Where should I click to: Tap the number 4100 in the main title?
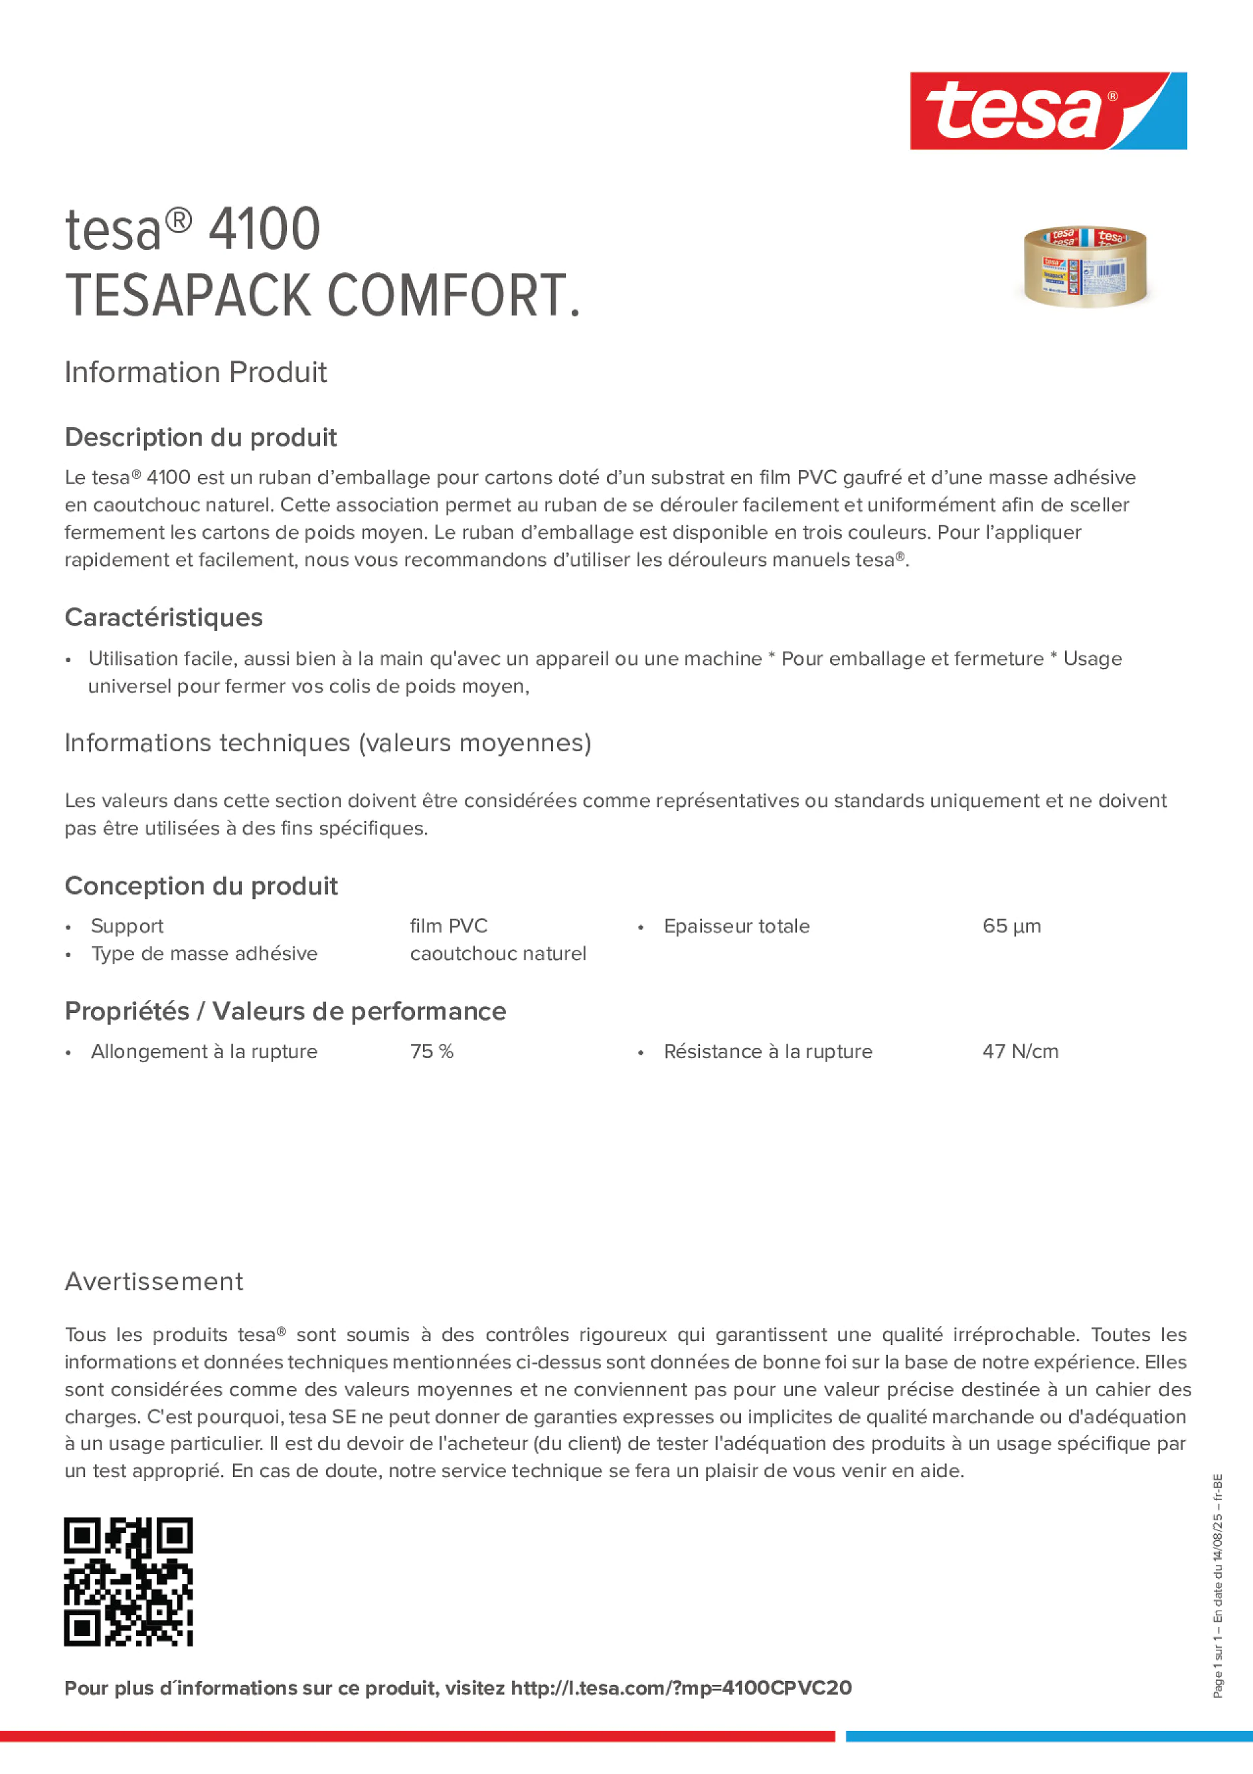tap(264, 230)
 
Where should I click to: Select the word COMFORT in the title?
tap(448, 296)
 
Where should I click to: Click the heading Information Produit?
tap(195, 373)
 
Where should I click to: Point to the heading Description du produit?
tap(201, 437)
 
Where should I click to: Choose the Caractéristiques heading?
tap(164, 617)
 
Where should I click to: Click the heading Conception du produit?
tap(201, 885)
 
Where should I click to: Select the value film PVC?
tap(449, 926)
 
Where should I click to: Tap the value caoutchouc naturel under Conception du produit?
tap(498, 954)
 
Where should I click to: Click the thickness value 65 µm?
tap(1011, 926)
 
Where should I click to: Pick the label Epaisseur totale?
tap(736, 926)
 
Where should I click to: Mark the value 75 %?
tap(432, 1051)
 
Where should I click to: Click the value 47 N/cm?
tap(1020, 1051)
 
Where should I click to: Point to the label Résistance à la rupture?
tap(768, 1051)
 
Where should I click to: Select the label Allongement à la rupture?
tap(204, 1051)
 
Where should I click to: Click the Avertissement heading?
tap(154, 1281)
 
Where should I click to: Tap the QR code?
tap(128, 1581)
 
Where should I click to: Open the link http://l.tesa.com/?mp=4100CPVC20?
tap(681, 1688)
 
